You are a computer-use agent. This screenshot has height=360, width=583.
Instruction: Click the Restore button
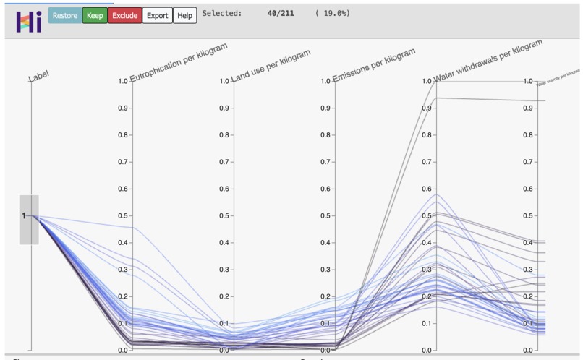[64, 15]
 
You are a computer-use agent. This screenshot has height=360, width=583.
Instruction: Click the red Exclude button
[124, 15]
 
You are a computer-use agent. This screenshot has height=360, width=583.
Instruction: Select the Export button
[157, 15]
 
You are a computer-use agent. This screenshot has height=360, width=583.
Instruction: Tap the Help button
[185, 15]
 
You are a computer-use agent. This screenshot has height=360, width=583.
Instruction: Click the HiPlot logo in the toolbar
[27, 20]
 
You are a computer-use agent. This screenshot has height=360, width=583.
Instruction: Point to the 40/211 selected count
[281, 13]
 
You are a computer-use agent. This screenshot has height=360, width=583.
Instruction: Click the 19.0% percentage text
[333, 13]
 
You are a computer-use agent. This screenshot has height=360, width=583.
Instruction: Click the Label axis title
[39, 76]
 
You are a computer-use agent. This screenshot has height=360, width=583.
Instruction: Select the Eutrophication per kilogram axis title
[179, 62]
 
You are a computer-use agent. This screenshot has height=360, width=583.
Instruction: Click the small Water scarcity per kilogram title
[558, 77]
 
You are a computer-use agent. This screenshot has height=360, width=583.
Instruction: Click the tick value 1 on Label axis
[24, 215]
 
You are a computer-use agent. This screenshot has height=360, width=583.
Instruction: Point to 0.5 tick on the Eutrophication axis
[124, 215]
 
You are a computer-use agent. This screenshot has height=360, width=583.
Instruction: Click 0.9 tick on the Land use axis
[225, 108]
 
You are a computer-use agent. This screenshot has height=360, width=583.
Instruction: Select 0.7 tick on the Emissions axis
[326, 162]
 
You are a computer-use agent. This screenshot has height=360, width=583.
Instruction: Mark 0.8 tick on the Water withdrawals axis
[427, 134]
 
